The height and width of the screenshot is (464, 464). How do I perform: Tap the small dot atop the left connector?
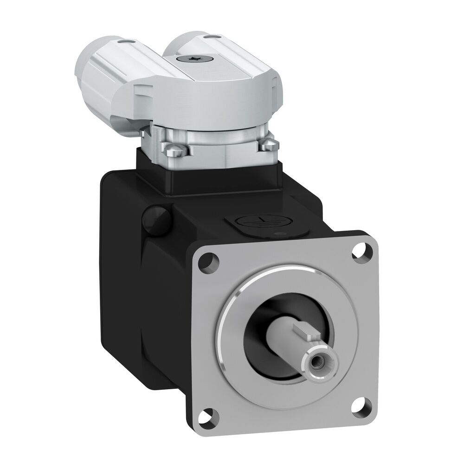pyautogui.click(x=126, y=42)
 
